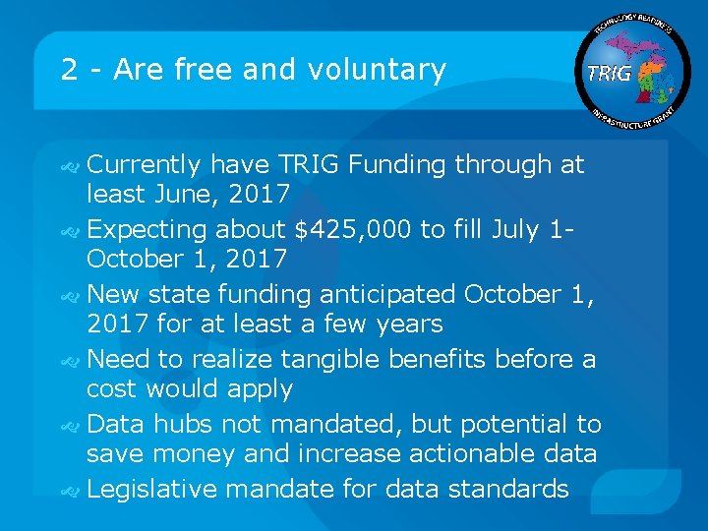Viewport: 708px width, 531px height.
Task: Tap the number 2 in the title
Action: pyautogui.click(x=69, y=70)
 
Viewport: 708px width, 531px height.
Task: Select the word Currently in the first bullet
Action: pyautogui.click(x=144, y=164)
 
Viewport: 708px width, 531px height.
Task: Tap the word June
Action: pyautogui.click(x=181, y=194)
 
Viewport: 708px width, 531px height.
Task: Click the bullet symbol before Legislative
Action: pyautogui.click(x=71, y=490)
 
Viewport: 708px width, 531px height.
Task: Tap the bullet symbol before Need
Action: pyautogui.click(x=71, y=360)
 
